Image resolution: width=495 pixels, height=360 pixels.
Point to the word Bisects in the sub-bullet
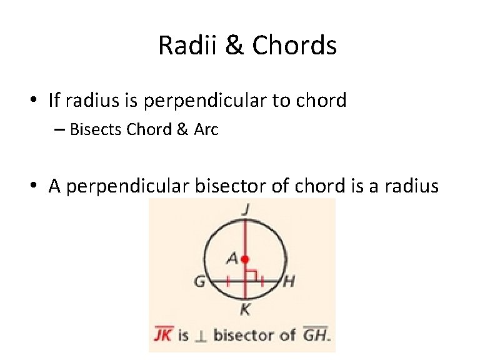point(96,129)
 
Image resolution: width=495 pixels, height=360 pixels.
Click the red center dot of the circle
point(246,259)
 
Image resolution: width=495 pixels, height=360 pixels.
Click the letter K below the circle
point(245,309)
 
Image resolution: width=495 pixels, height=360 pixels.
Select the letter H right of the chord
point(289,282)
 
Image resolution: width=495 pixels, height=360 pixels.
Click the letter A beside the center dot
point(232,257)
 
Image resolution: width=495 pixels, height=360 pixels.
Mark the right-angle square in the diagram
point(251,275)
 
